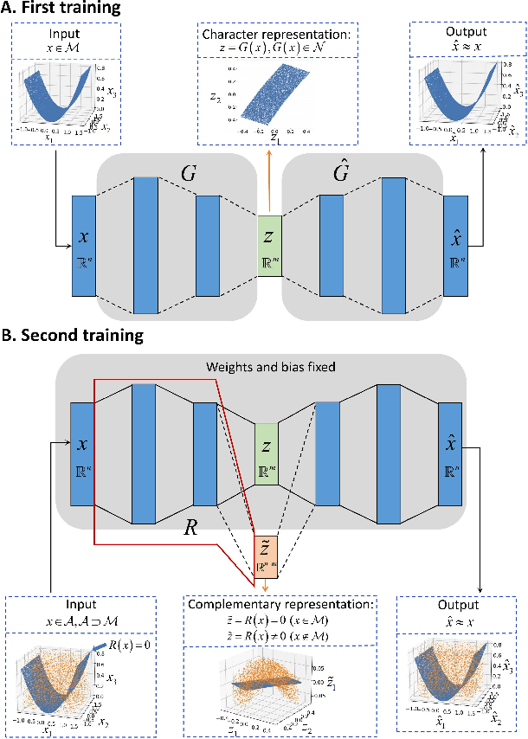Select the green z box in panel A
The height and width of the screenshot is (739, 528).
269,247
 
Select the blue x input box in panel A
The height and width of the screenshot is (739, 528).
83,247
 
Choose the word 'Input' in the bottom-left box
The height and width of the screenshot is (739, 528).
80,605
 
